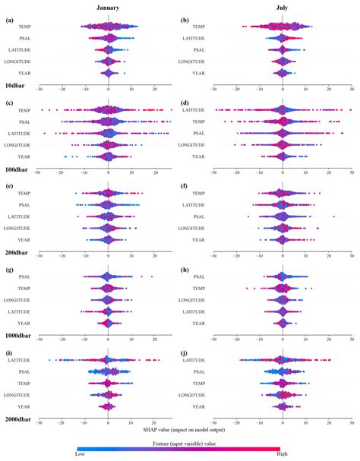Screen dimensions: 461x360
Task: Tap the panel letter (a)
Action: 9,19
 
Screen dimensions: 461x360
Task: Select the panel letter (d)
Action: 185,103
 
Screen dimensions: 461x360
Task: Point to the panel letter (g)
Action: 9,269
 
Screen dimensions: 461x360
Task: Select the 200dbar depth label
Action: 17,253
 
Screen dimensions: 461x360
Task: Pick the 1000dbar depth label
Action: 18,334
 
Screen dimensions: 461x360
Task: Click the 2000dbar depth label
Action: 18,418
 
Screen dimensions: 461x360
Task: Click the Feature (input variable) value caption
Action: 179,441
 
